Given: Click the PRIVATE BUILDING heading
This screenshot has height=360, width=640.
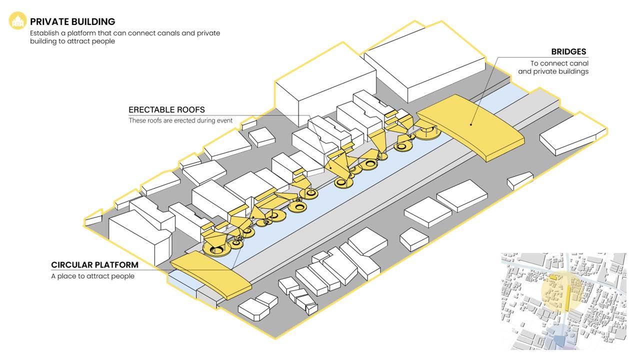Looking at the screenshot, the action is pyautogui.click(x=72, y=21).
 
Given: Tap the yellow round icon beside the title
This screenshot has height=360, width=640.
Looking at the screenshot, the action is pyautogui.click(x=18, y=21).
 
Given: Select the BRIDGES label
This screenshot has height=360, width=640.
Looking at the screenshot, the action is pyautogui.click(x=568, y=52).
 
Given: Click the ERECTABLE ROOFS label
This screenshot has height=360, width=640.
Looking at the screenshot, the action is pyautogui.click(x=166, y=110).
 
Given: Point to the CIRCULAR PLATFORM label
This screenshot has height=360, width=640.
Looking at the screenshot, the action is pyautogui.click(x=94, y=265).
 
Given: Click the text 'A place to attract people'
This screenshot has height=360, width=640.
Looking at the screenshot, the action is pyautogui.click(x=92, y=276).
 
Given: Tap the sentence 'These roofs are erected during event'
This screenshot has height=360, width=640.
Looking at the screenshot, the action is pyautogui.click(x=180, y=120).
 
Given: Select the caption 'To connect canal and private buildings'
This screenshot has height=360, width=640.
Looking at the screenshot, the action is pyautogui.click(x=553, y=67).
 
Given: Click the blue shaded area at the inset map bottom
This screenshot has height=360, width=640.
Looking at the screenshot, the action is pyautogui.click(x=559, y=334).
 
